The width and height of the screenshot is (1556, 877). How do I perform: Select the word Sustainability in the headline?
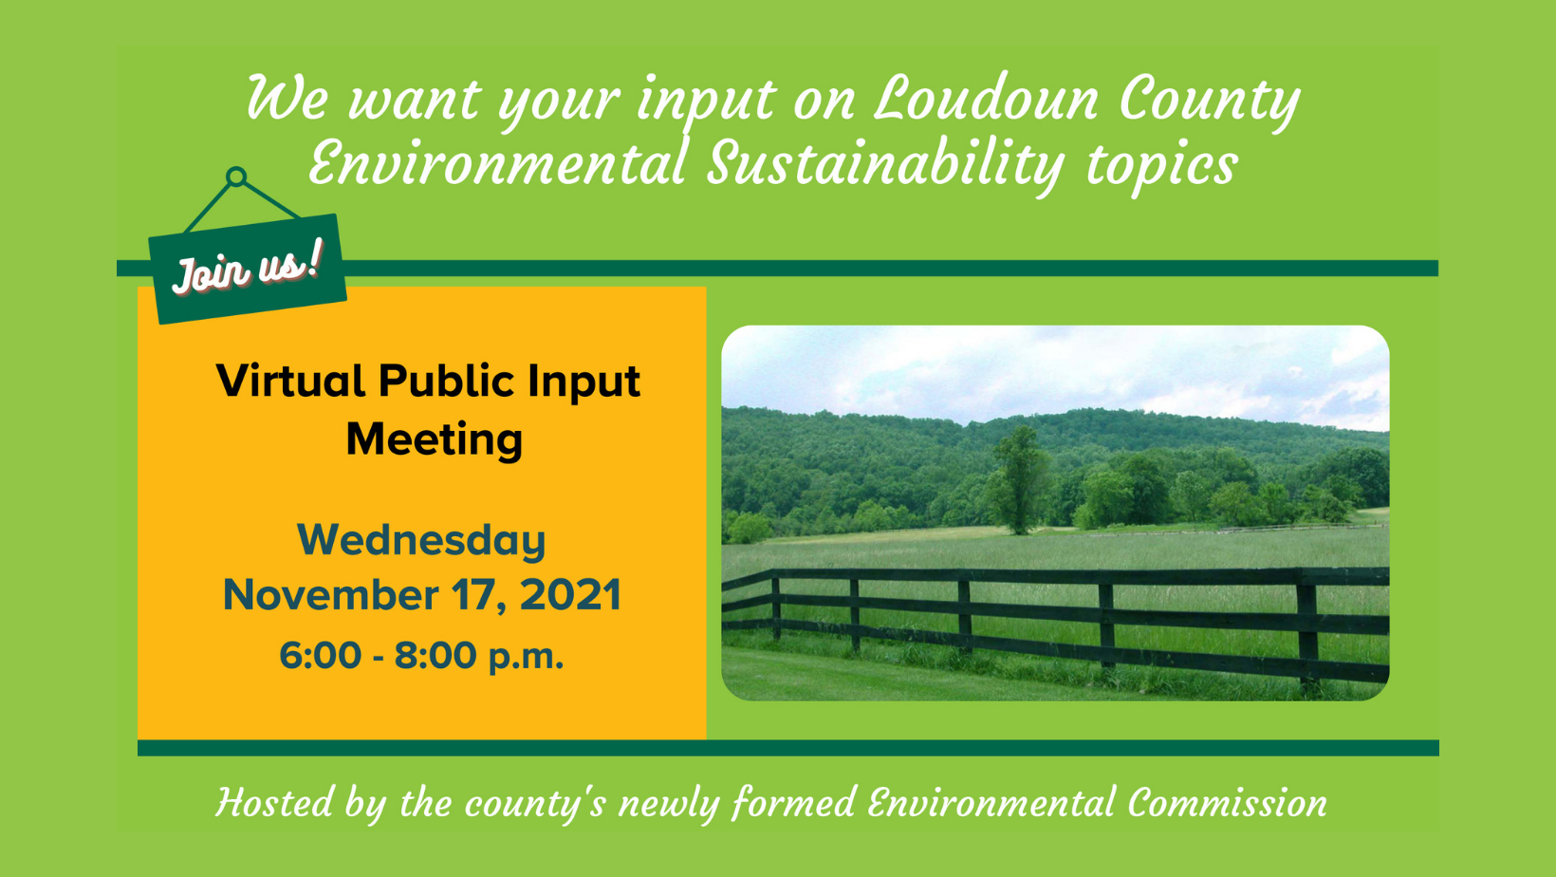[x=886, y=163]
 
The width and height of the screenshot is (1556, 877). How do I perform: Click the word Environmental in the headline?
[x=497, y=163]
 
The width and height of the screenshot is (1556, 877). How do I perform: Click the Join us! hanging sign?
[x=247, y=269]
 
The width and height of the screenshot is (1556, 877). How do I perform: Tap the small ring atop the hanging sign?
[x=236, y=177]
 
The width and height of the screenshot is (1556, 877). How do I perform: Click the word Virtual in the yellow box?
[x=290, y=382]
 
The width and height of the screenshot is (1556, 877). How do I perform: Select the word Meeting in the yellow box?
[x=434, y=439]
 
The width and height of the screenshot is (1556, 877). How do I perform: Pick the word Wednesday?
[x=421, y=540]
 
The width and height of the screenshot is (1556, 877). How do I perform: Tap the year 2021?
[x=570, y=595]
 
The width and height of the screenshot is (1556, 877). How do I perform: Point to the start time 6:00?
[x=320, y=656]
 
